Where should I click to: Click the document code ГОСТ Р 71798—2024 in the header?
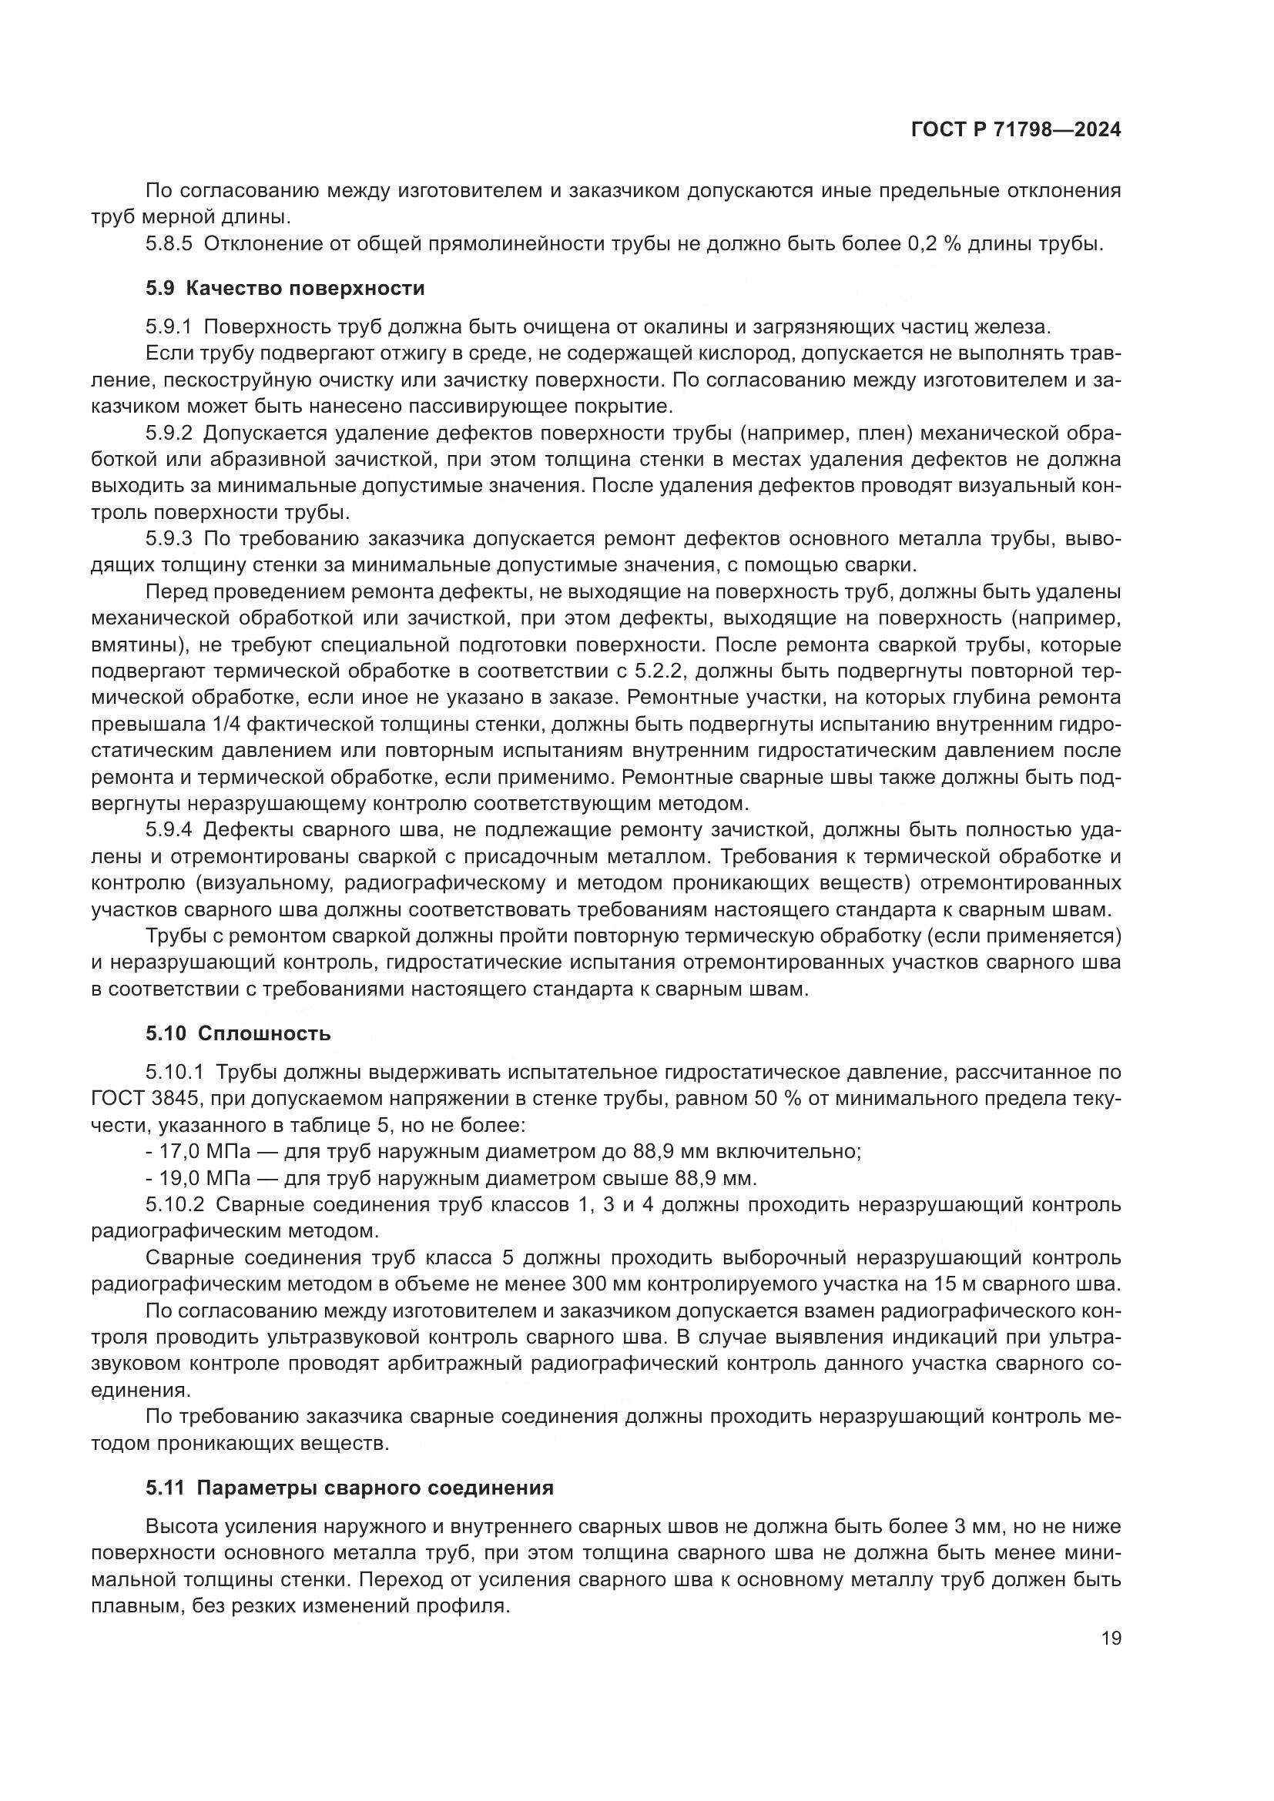point(1015,130)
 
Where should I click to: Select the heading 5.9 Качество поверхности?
point(285,289)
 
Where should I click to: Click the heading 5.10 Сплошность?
point(238,1034)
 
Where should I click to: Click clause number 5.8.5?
point(169,244)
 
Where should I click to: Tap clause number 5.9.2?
point(169,433)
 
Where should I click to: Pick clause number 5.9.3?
point(169,539)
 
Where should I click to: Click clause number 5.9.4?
point(169,830)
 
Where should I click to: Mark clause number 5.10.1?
point(174,1073)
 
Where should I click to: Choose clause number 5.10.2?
point(174,1205)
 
